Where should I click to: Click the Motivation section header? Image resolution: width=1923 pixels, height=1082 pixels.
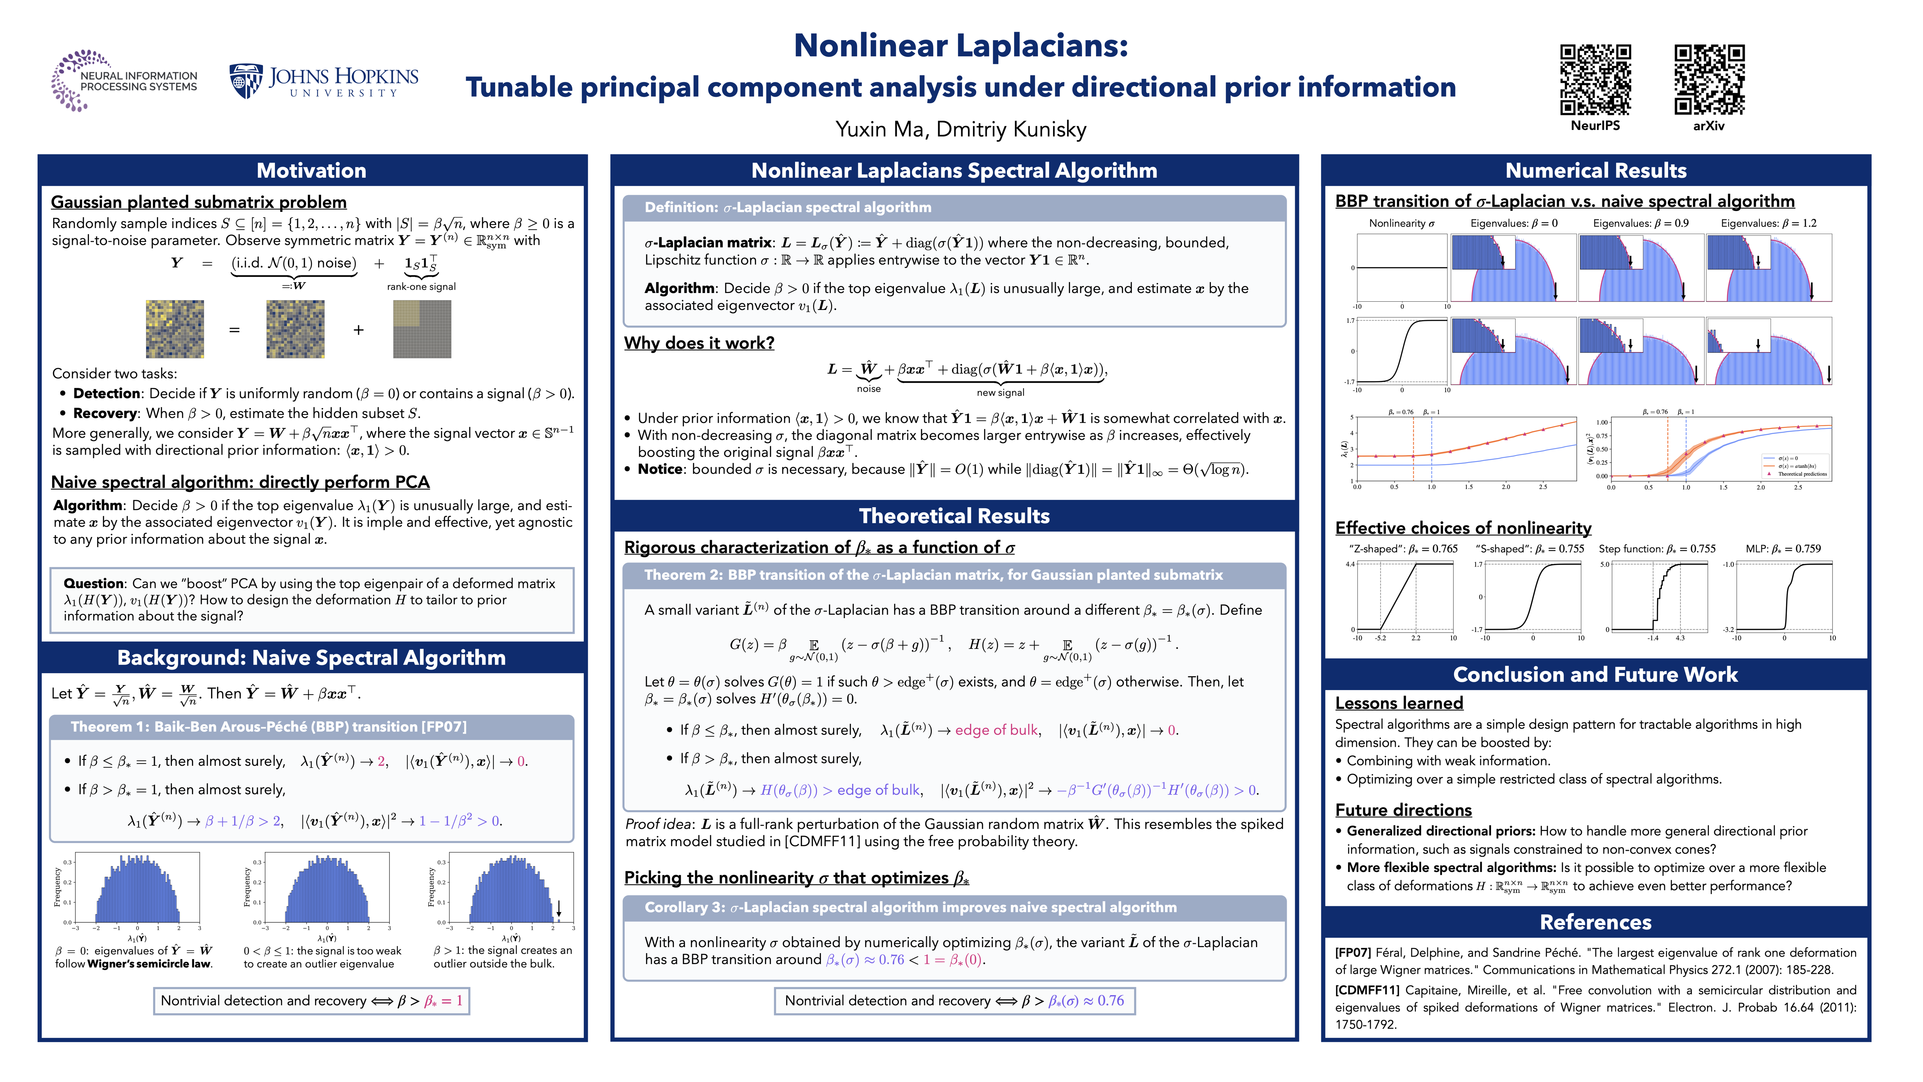pos(311,170)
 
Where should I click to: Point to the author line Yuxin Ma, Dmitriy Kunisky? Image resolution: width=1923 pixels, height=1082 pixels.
pos(961,129)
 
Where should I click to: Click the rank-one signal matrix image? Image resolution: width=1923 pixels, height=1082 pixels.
pos(422,329)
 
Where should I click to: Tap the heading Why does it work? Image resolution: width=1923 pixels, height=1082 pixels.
pos(699,343)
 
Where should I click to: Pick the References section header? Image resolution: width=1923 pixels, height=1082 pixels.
pos(1595,922)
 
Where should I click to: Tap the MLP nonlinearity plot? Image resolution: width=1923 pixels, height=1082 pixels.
pos(1784,597)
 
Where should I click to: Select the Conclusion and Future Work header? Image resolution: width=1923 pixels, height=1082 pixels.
pos(1595,674)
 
